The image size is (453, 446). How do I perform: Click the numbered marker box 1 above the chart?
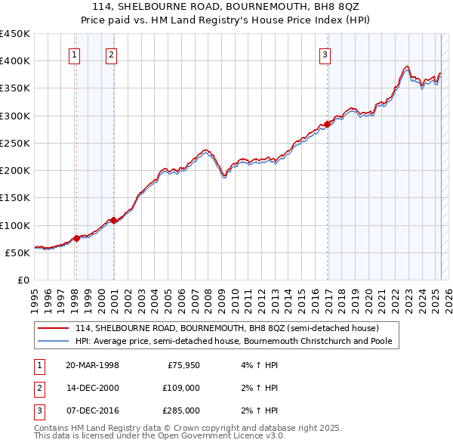pyautogui.click(x=75, y=54)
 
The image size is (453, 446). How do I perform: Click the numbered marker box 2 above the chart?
pyautogui.click(x=111, y=54)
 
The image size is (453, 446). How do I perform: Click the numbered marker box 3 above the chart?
pyautogui.click(x=325, y=54)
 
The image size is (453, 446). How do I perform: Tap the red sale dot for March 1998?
pyautogui.click(x=77, y=238)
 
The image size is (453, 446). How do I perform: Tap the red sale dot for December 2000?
pyautogui.click(x=113, y=220)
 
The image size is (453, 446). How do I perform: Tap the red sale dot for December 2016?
pyautogui.click(x=328, y=124)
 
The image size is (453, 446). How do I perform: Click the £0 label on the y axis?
pyautogui.click(x=23, y=280)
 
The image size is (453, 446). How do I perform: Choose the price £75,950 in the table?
pyautogui.click(x=180, y=365)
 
